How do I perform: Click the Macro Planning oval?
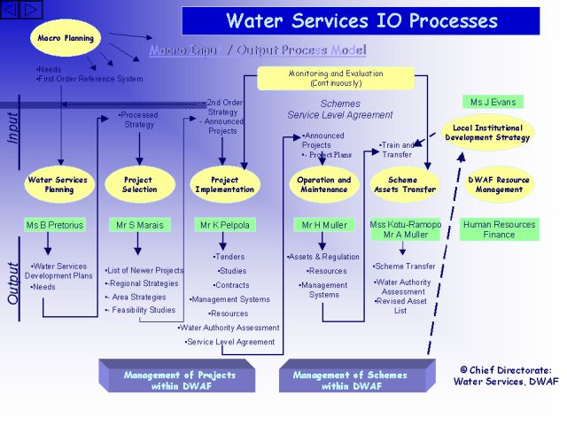pos(66,38)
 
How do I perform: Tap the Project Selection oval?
pos(139,184)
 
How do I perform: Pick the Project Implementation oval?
pos(225,184)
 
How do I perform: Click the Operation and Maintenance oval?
pos(323,184)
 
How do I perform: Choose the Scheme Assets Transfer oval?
pos(402,184)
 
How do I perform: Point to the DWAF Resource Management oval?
pos(500,184)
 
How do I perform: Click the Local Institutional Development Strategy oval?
pos(487,133)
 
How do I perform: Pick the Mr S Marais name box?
pos(140,225)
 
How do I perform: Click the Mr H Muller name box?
pos(324,225)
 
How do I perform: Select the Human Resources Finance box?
pos(499,229)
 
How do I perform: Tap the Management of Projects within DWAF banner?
pos(179,380)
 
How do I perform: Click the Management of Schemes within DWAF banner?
pos(352,380)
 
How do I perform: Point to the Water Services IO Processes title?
pos(361,20)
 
